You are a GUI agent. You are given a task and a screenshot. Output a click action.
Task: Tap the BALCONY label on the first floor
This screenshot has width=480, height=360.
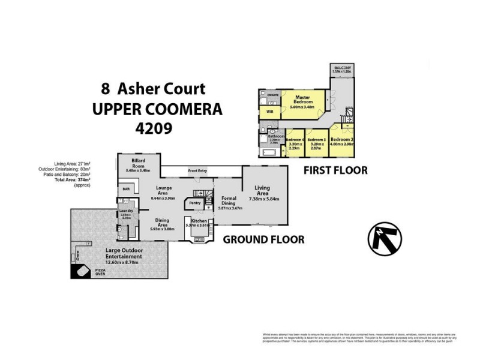click(343, 68)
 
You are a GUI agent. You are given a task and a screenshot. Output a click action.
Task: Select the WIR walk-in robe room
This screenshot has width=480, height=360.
click(270, 112)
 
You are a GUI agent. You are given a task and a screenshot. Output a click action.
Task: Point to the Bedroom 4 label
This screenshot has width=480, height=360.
click(295, 142)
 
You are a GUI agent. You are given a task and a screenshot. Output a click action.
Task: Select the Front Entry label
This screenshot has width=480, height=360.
click(197, 171)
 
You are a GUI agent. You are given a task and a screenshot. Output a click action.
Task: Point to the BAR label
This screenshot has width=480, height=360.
click(126, 190)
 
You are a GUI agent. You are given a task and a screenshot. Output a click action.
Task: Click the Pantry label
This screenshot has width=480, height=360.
click(195, 203)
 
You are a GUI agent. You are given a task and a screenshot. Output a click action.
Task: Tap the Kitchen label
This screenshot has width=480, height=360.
click(199, 221)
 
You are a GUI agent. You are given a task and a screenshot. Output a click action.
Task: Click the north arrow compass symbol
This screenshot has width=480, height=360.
click(383, 238)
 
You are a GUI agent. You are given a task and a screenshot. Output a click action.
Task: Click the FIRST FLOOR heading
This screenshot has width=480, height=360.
click(335, 170)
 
